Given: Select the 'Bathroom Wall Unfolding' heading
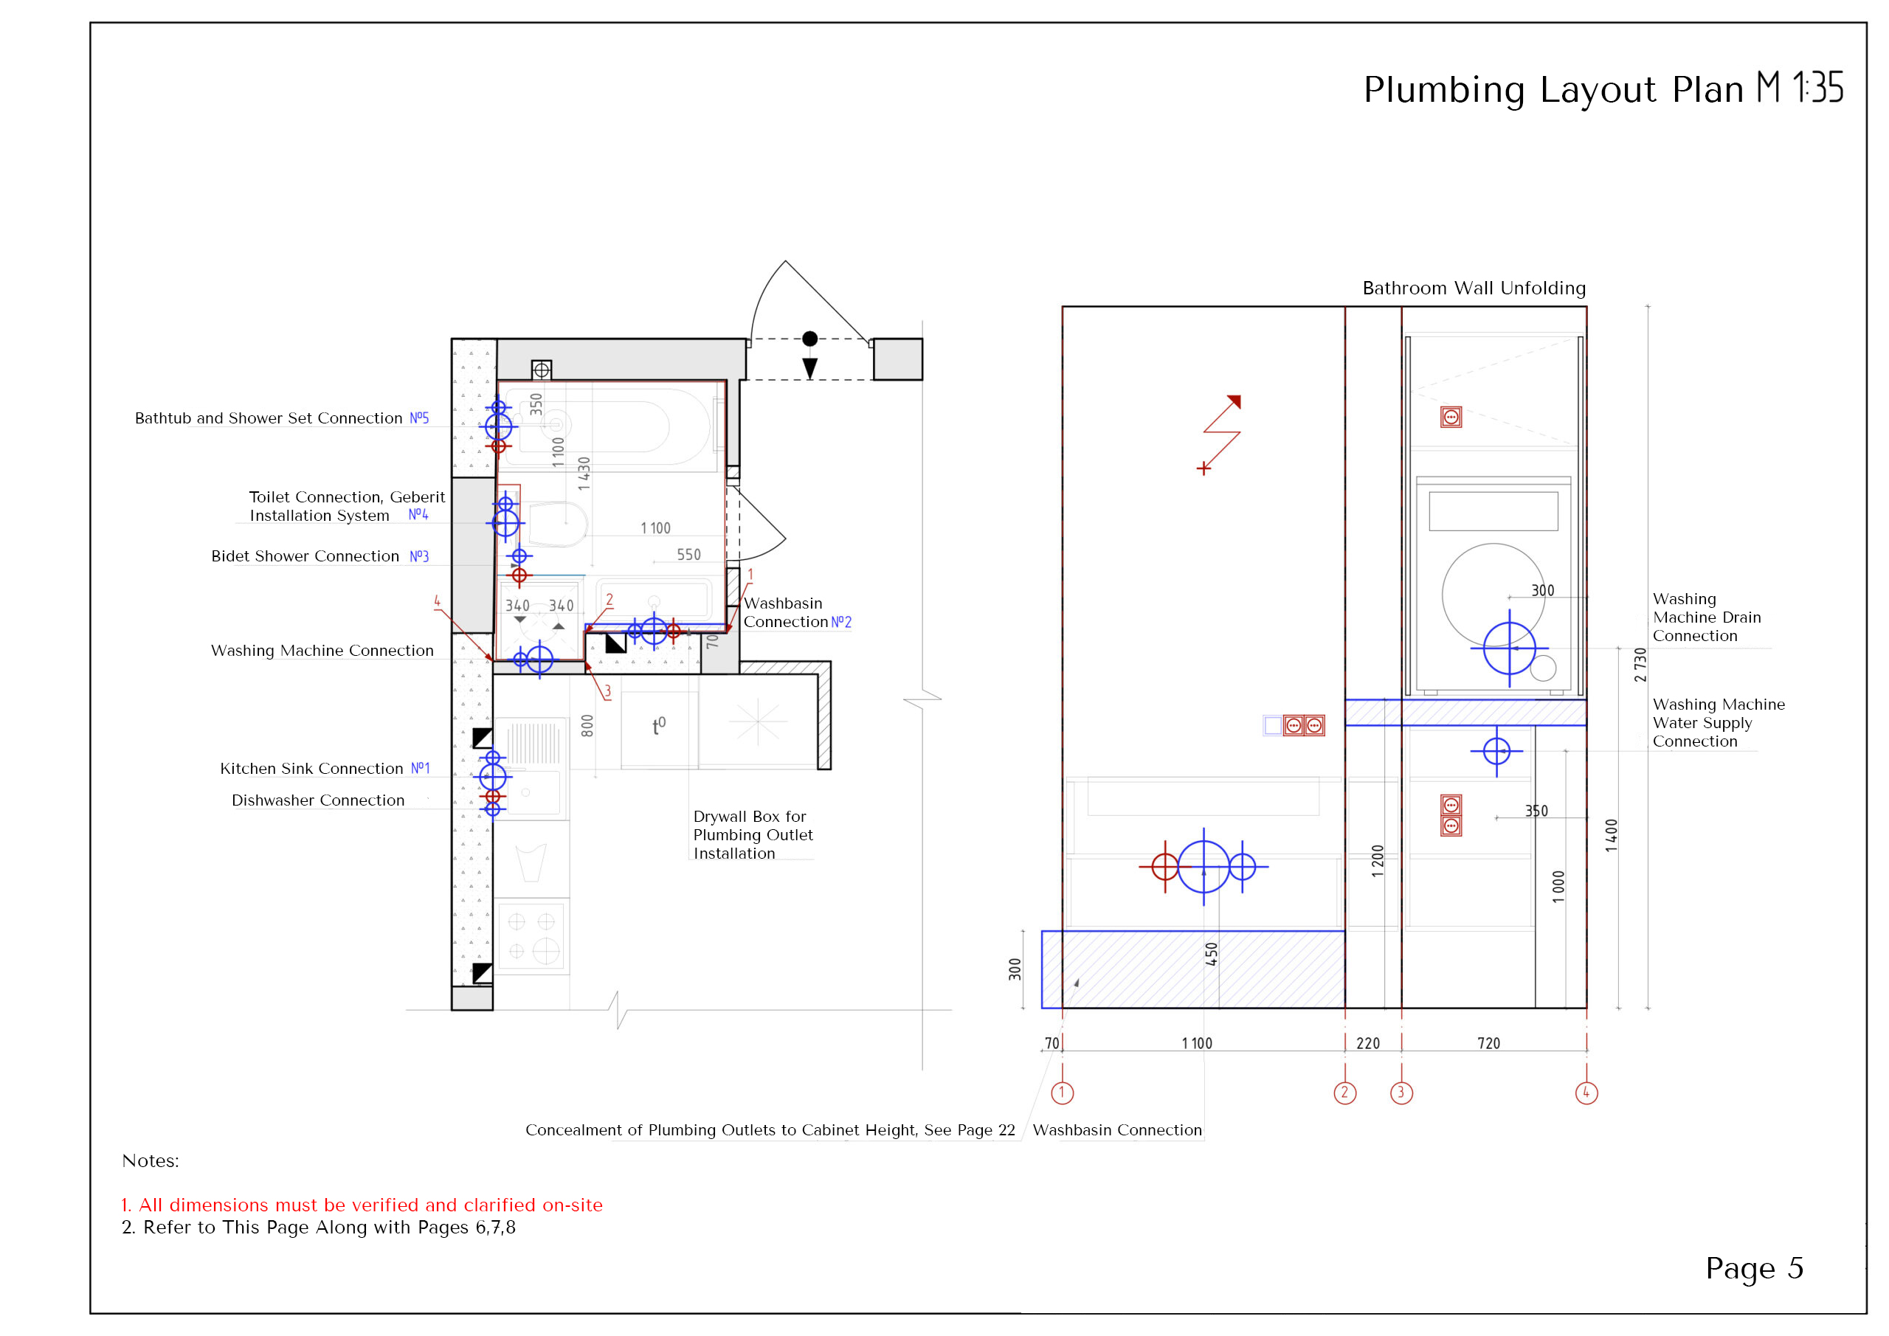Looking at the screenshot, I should (1474, 288).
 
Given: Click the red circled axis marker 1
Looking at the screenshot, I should (1062, 1093).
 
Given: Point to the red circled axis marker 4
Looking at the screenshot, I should (1586, 1093).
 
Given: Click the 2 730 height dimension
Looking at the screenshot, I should (1640, 665).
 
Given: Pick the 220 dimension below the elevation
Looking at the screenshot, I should (1367, 1043).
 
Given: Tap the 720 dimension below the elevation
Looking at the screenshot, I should (1488, 1043).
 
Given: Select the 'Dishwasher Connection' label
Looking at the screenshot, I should (317, 800).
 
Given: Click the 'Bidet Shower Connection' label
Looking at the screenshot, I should (305, 556).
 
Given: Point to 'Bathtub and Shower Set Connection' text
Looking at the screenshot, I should (268, 418).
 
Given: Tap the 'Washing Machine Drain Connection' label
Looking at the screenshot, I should (1706, 617).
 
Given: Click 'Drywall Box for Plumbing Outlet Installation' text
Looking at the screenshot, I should (752, 834).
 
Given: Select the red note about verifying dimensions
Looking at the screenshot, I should (362, 1205).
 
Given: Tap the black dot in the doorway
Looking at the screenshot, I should (809, 338).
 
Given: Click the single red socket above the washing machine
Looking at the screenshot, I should (1451, 417).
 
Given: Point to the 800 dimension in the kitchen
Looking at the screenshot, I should (587, 726).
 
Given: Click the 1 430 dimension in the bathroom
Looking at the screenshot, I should (584, 473).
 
